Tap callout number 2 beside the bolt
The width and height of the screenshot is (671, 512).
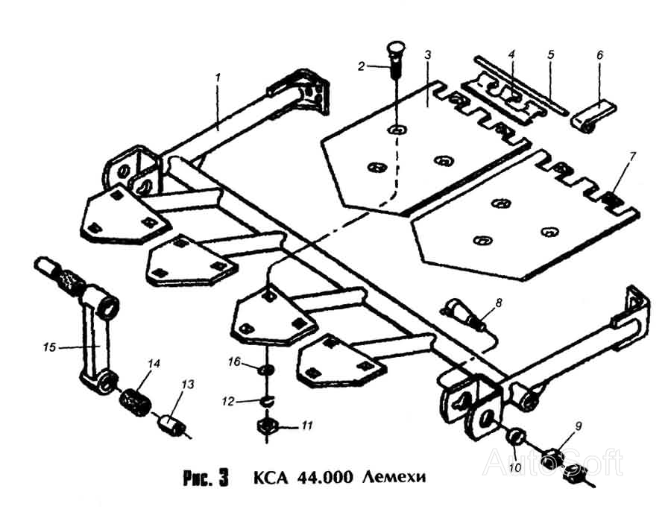[x=362, y=66]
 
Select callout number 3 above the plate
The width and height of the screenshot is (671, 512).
[x=427, y=55]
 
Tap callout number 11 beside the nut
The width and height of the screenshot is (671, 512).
[x=307, y=426]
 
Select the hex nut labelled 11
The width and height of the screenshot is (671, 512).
[x=265, y=427]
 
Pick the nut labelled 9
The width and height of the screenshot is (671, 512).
[x=553, y=454]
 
